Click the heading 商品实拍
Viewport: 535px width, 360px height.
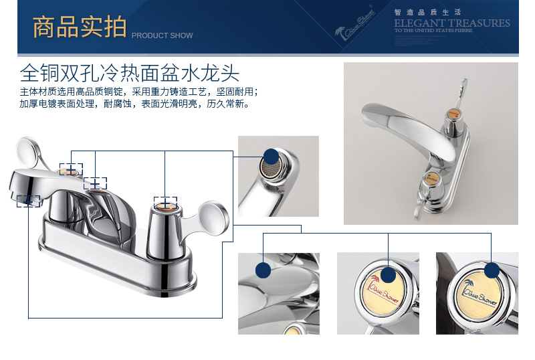80,27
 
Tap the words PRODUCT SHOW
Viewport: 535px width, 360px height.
162,35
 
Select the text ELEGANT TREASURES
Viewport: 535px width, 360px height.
452,23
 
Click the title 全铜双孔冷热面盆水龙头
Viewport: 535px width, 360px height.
130,72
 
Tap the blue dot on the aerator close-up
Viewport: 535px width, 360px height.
271,156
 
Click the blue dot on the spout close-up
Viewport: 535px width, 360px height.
263,270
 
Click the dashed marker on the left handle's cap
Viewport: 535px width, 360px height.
71,170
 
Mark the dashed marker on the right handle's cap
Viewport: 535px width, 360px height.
165,203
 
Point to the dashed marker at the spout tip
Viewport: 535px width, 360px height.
28,200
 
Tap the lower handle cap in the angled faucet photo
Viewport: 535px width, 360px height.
432,179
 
